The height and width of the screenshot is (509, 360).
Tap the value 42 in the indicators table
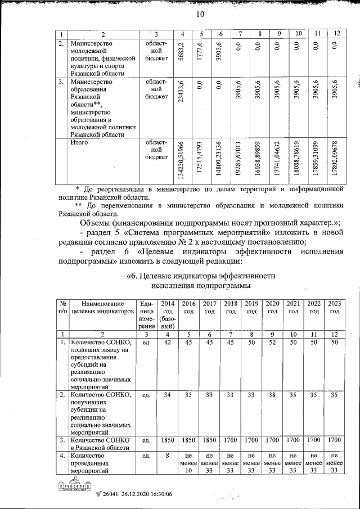click(x=166, y=343)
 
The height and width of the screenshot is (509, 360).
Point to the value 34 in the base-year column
click(x=166, y=395)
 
